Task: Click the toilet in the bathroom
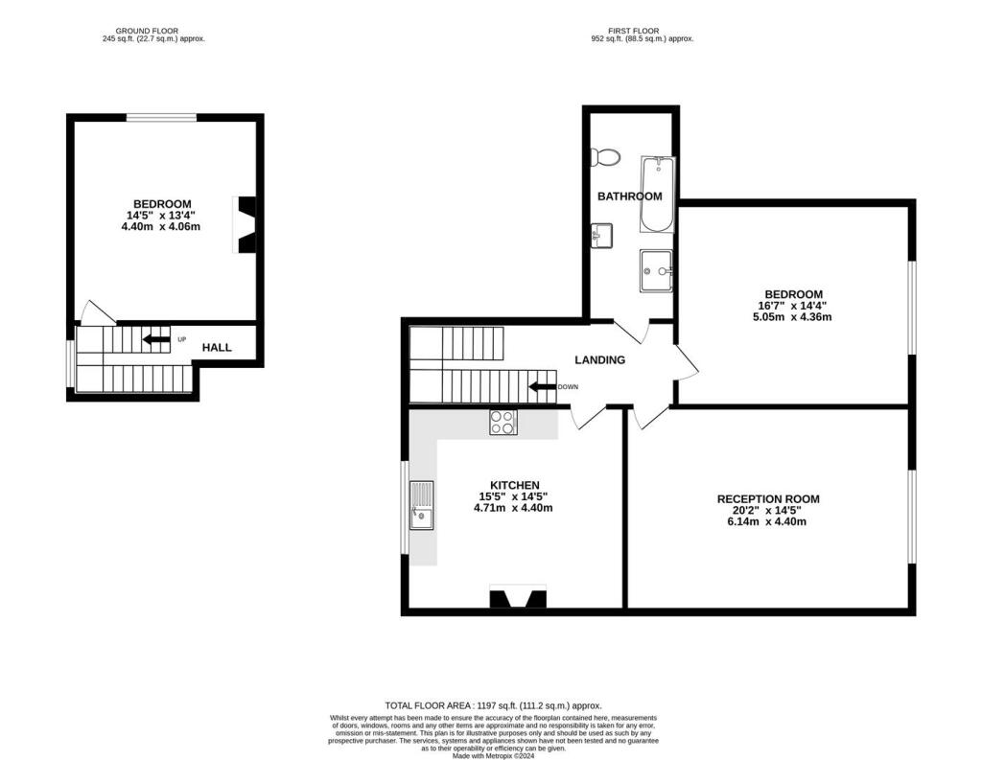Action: [606, 157]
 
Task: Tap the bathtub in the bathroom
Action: [658, 195]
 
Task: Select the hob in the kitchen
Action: [503, 422]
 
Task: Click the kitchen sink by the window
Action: [422, 504]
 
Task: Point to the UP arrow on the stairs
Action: [156, 339]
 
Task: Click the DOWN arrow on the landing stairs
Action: [544, 387]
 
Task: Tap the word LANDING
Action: [599, 360]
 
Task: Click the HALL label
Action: [217, 347]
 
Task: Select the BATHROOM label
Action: [630, 196]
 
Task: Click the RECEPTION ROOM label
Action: [768, 499]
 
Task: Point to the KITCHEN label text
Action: [514, 485]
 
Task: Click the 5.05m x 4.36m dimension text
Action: [793, 316]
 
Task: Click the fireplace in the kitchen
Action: [518, 599]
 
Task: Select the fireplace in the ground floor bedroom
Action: [247, 225]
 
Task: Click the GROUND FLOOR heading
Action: [153, 31]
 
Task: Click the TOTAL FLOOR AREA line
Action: [493, 705]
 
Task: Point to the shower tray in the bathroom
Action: [658, 270]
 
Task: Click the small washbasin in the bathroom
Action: [601, 235]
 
